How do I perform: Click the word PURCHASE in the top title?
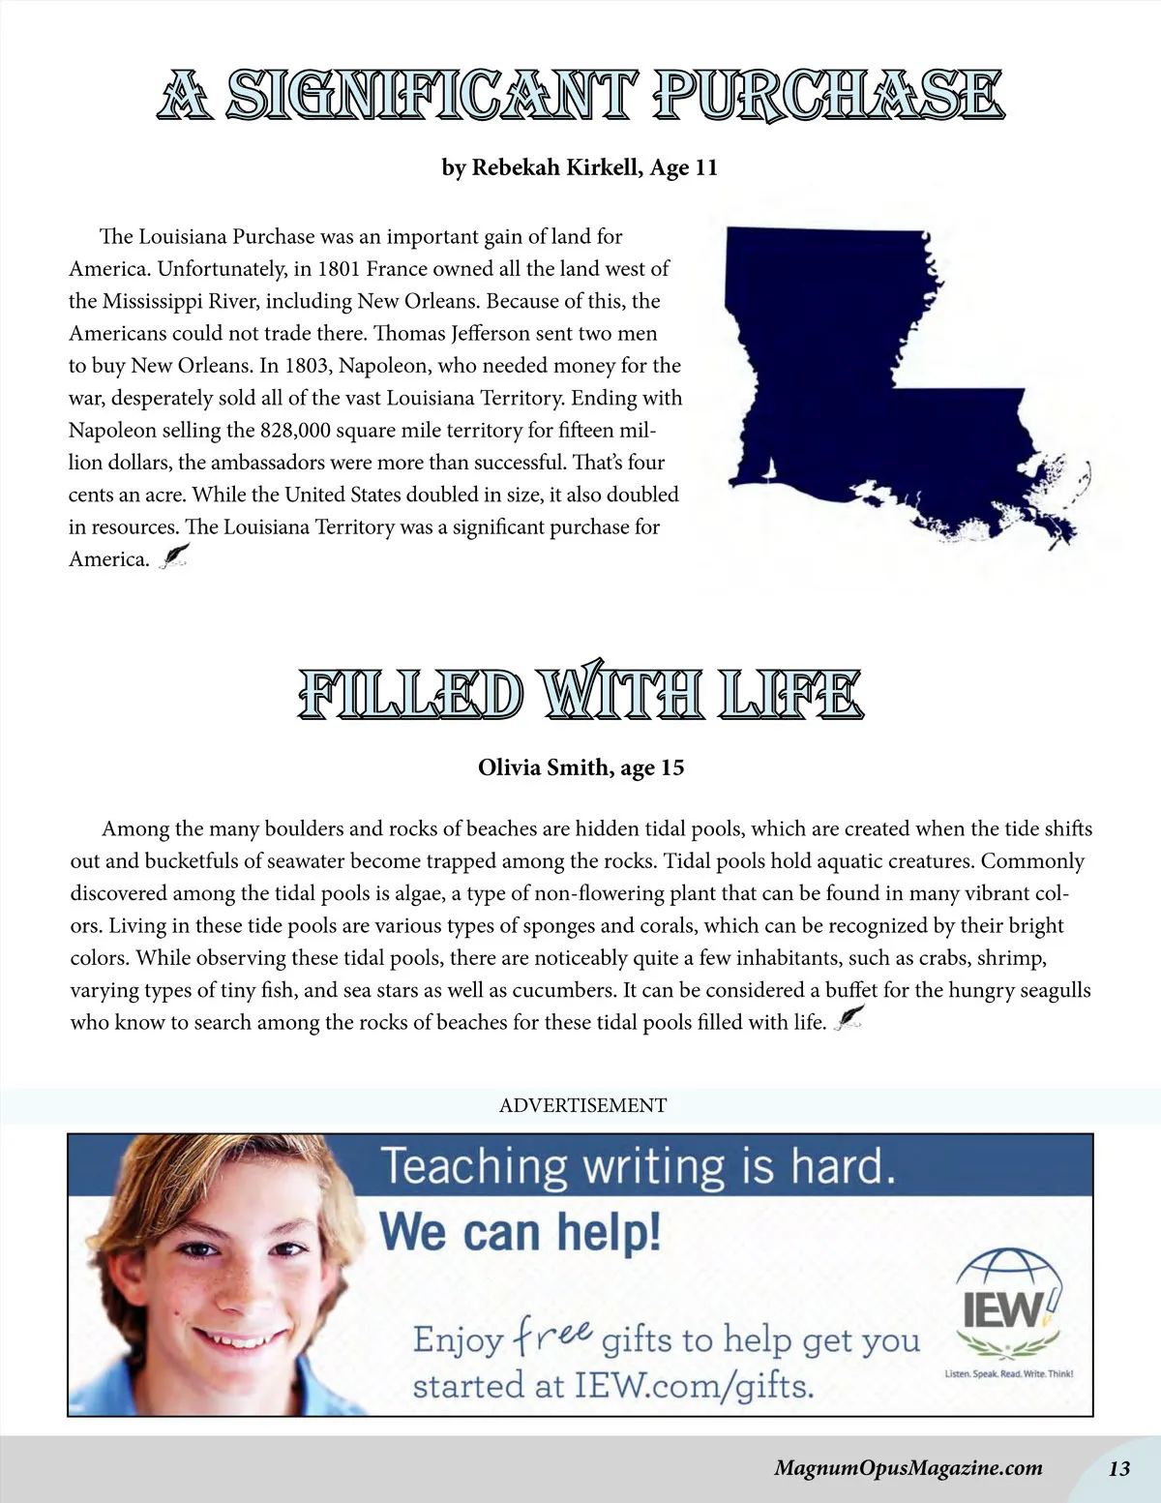(x=828, y=97)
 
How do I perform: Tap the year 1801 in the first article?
(x=339, y=269)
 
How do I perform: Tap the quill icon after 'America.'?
(x=174, y=556)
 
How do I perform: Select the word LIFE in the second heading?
(x=790, y=695)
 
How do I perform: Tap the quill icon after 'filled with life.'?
(x=848, y=1019)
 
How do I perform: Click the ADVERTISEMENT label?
(x=582, y=1105)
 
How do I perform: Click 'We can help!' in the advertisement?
(x=521, y=1232)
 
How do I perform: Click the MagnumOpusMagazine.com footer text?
(x=908, y=1468)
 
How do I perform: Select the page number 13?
(x=1118, y=1468)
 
